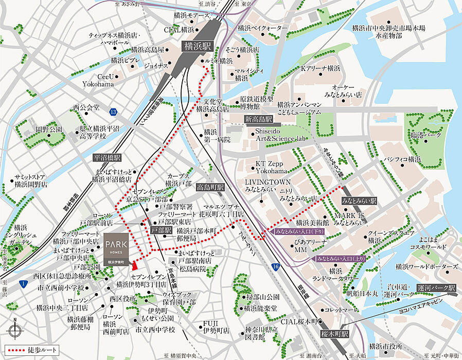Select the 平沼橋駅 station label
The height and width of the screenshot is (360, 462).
tap(107, 158)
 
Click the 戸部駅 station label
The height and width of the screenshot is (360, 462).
tap(161, 231)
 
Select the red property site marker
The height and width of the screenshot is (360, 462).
tap(134, 265)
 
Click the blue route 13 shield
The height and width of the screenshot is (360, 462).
tap(113, 111)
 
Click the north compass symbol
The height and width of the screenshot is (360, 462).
tap(15, 329)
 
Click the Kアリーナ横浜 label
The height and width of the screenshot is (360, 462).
tap(321, 68)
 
